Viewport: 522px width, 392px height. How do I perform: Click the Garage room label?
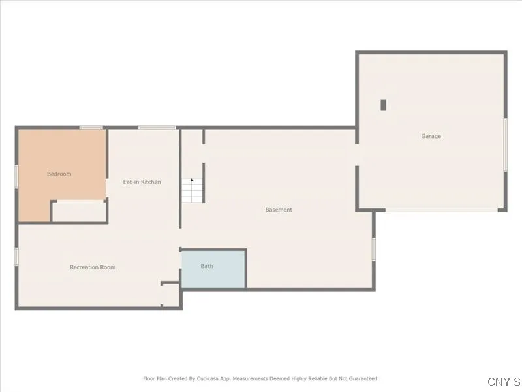(x=431, y=136)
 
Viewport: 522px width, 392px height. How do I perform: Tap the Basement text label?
(x=279, y=210)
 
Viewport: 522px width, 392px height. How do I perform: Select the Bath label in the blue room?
(x=207, y=266)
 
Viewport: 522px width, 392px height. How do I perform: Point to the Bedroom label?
(x=59, y=174)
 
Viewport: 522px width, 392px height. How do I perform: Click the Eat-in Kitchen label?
(x=142, y=182)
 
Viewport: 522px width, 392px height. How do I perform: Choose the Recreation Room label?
(x=93, y=267)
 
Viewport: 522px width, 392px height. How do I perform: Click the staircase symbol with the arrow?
(x=192, y=190)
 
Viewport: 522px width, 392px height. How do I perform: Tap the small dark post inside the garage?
(x=384, y=105)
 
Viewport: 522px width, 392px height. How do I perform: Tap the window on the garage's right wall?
(x=505, y=145)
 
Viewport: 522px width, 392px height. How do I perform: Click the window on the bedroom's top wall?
(x=91, y=127)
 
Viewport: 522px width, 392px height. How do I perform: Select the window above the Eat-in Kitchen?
(x=152, y=127)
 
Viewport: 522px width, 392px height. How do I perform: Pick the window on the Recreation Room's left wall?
(x=16, y=255)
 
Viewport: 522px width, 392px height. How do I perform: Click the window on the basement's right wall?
(x=374, y=249)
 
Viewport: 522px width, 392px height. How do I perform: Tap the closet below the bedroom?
(x=79, y=211)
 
